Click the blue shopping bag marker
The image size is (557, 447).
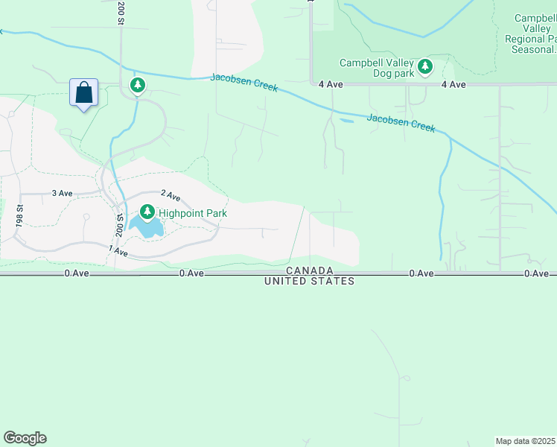[84, 93]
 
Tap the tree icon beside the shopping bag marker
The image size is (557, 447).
[137, 86]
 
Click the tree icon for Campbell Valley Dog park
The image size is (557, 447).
[424, 68]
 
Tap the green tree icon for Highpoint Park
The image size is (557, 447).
[148, 213]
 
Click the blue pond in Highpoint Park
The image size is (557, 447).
[147, 228]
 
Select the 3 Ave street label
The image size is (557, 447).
[62, 193]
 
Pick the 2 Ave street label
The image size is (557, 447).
[171, 196]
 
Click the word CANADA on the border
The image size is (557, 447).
[310, 270]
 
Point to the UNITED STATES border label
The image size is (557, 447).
[310, 281]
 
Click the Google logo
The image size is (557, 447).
[25, 438]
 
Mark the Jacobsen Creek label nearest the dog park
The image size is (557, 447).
[401, 122]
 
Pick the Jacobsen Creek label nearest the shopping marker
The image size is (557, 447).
[244, 82]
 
